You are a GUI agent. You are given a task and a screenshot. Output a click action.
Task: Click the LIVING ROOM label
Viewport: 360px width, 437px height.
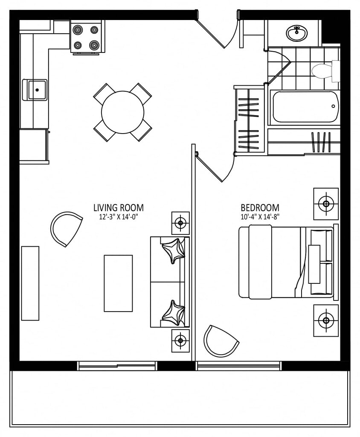click(119, 208)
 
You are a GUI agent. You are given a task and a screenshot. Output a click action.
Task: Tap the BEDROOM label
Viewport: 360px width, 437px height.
click(260, 208)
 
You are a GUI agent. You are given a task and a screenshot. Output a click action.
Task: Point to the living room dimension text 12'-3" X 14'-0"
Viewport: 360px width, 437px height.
click(119, 217)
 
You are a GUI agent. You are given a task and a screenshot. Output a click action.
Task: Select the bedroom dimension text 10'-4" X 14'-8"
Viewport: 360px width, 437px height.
click(260, 217)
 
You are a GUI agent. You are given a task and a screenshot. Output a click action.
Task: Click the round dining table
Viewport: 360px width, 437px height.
click(122, 112)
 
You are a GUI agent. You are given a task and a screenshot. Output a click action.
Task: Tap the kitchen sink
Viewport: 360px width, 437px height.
click(35, 90)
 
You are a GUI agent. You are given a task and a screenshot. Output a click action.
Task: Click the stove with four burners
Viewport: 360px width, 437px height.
click(87, 37)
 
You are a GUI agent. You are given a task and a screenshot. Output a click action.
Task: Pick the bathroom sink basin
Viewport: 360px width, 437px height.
click(297, 33)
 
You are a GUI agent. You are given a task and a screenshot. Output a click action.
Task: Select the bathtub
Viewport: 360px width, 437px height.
click(305, 107)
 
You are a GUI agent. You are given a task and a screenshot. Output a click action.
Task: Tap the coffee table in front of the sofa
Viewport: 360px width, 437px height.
click(118, 283)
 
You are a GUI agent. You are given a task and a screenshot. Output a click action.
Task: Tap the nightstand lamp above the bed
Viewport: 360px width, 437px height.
click(326, 204)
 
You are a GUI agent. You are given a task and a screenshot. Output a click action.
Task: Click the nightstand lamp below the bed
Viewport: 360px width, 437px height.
click(326, 320)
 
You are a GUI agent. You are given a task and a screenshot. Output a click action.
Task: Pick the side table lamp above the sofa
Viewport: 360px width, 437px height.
click(180, 223)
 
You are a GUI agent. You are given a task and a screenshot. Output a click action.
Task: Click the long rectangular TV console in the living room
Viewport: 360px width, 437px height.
click(30, 283)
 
